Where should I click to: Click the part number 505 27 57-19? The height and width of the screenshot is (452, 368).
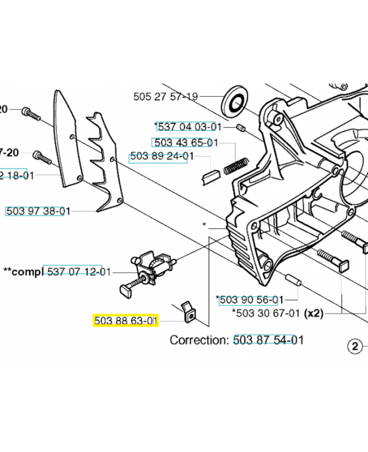click(165, 97)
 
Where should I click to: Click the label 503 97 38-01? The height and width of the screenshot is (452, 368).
click(38, 211)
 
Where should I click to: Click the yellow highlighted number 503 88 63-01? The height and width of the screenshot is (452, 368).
click(125, 321)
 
